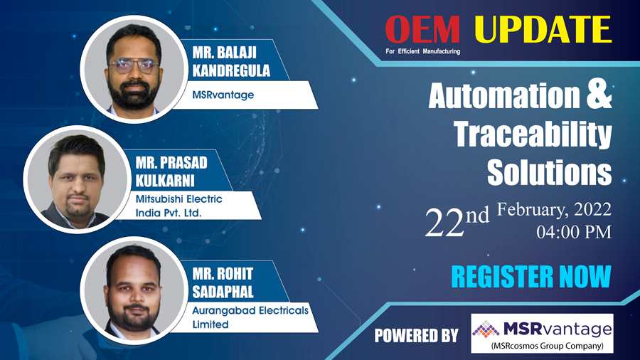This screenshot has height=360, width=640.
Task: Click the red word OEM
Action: [x=423, y=30]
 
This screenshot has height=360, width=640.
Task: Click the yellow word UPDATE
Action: [x=543, y=29]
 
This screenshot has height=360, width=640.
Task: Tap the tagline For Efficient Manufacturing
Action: [x=423, y=51]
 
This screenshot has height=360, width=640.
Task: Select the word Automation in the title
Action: [x=504, y=95]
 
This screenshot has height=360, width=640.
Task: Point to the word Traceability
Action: [x=533, y=134]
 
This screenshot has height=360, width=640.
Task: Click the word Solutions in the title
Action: [x=550, y=173]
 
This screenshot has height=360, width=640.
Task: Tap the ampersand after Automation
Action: [x=599, y=95]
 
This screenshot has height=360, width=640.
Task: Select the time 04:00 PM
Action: [x=574, y=232]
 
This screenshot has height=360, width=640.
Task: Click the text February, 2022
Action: [x=554, y=210]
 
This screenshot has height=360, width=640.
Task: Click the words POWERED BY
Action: [x=416, y=336]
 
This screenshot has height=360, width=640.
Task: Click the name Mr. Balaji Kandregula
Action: [x=231, y=62]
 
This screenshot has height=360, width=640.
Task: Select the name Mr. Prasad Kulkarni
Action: [x=171, y=171]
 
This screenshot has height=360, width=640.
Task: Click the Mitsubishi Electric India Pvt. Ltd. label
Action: [x=178, y=206]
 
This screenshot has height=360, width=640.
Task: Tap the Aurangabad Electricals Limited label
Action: [x=250, y=317]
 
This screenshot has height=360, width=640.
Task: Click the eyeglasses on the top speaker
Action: [x=134, y=65]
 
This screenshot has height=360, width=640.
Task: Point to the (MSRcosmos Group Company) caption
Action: [x=548, y=346]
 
